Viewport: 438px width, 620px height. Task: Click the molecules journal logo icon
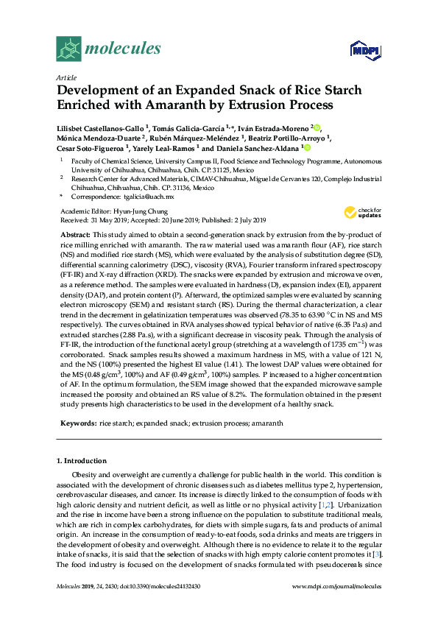[69, 49]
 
